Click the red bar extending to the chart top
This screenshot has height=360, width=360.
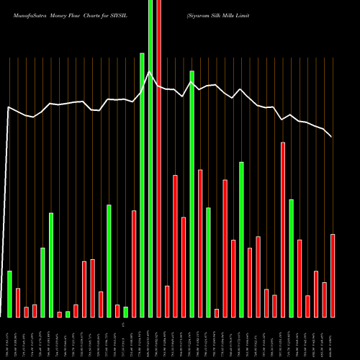click(158, 158)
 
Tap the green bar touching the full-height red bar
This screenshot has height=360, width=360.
click(150, 158)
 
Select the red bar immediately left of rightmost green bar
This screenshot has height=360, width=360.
click(283, 230)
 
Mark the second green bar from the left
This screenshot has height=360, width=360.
click(42, 282)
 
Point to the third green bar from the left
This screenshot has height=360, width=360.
click(51, 265)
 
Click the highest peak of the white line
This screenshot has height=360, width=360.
click(149, 72)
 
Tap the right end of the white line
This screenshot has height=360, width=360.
click(332, 137)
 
